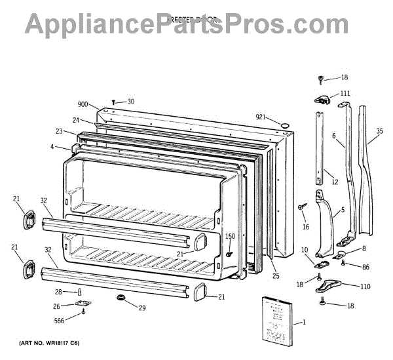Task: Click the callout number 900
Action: pos(83,105)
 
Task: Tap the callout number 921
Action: pos(261,117)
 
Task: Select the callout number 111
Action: pos(345,94)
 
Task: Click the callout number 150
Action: pos(230,236)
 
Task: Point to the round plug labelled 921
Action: pos(285,125)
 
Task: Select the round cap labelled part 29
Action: pos(121,299)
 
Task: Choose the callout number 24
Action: pos(76,121)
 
